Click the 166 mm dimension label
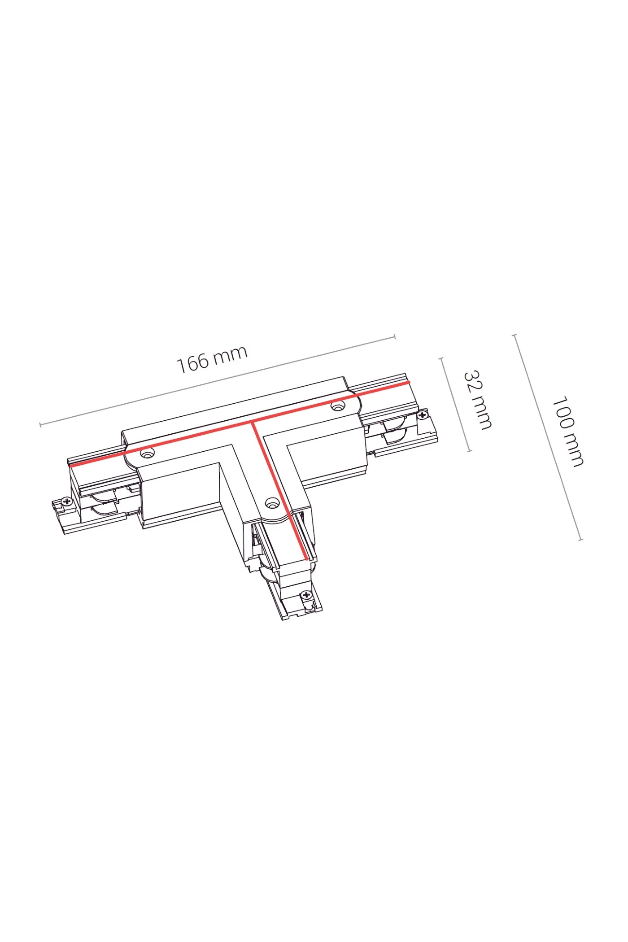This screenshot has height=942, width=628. pyautogui.click(x=212, y=359)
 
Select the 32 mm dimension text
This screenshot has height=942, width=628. pyautogui.click(x=477, y=400)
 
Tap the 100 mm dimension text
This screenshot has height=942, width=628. pyautogui.click(x=567, y=432)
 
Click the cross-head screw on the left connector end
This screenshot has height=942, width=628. pyautogui.click(x=67, y=502)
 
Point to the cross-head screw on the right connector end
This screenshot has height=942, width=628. pyautogui.click(x=421, y=415)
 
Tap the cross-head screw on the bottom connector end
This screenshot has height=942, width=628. pyautogui.click(x=306, y=595)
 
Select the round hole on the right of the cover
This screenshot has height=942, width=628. pyautogui.click(x=338, y=406)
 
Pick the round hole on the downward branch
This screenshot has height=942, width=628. pyautogui.click(x=271, y=503)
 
